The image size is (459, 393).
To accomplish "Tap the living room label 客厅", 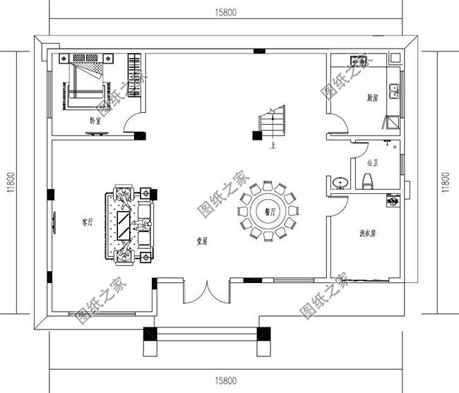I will pos(88,222).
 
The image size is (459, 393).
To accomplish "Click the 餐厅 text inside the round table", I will pos(268,211).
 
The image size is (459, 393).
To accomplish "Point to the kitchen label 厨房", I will pos(372,99).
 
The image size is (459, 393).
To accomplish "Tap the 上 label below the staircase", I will pos(273,147).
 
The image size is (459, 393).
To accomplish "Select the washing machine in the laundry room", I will pos(391,202).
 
